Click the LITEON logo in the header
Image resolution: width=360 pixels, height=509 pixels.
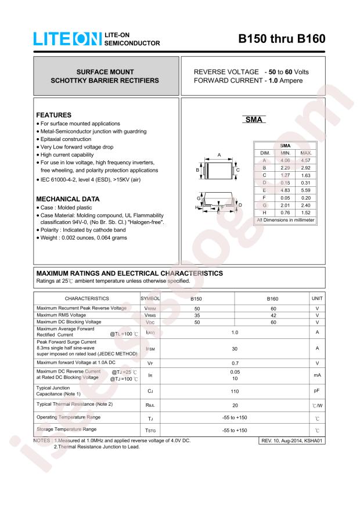click(67, 39)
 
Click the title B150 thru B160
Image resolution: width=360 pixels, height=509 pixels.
click(282, 39)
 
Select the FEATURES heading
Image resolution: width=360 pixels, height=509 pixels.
click(53, 115)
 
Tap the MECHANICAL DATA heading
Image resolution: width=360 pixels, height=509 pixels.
click(67, 199)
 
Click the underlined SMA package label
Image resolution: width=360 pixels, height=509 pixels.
click(253, 120)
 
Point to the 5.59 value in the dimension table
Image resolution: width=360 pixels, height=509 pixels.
click(306, 190)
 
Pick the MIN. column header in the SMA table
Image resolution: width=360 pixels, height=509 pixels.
click(285, 152)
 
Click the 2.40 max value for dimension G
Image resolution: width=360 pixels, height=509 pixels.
click(306, 205)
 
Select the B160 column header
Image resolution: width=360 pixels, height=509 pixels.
click(272, 298)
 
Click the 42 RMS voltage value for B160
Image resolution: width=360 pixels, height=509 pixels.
click(273, 315)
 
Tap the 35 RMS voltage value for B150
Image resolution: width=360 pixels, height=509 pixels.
click(197, 315)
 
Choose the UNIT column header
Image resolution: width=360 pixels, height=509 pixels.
click(317, 298)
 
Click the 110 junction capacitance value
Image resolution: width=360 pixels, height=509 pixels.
click(235, 391)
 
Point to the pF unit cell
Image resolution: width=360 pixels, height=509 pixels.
click(317, 391)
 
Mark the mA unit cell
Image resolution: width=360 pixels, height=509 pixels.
click(317, 375)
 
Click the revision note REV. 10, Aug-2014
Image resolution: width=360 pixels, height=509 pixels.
click(291, 442)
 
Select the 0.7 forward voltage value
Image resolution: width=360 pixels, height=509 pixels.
click(235, 362)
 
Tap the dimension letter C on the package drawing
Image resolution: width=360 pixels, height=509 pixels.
click(237, 169)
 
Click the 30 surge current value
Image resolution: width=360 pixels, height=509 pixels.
click(235, 348)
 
